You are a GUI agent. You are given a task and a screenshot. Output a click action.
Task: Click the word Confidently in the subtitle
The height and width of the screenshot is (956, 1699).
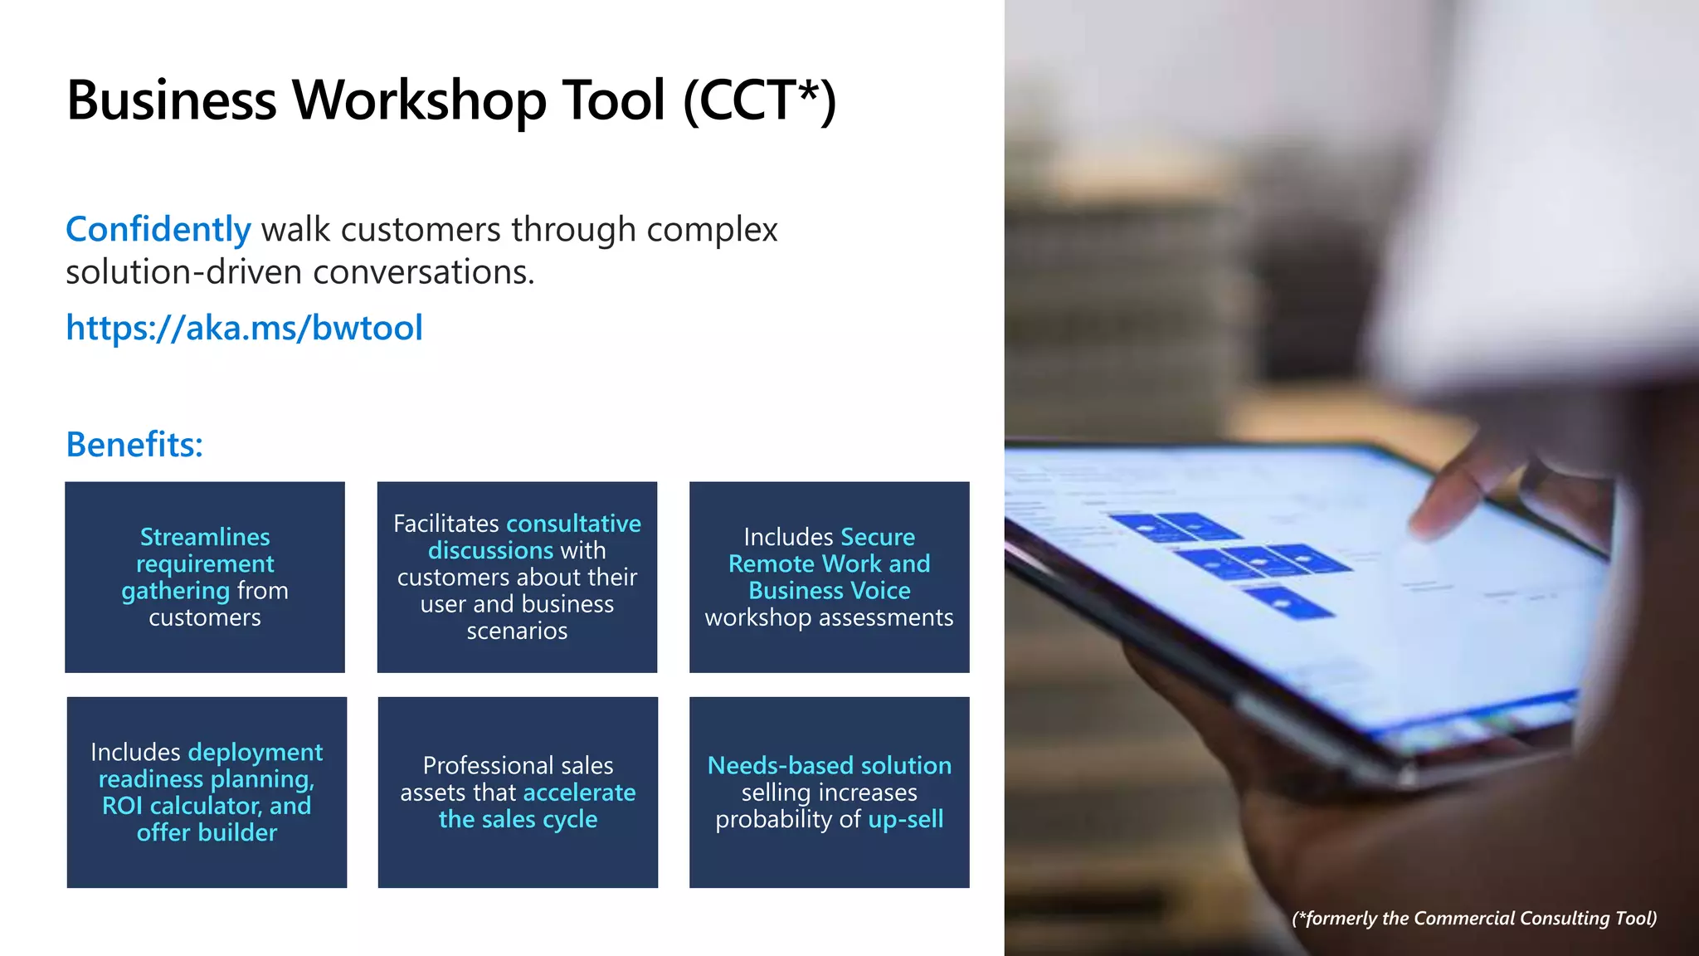coord(158,230)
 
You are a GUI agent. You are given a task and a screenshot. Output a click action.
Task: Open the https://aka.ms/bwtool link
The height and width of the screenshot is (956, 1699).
coord(244,328)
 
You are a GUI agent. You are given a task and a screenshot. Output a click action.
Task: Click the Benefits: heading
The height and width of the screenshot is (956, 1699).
coord(134,445)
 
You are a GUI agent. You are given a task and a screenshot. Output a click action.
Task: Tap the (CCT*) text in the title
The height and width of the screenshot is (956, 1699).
coord(759,100)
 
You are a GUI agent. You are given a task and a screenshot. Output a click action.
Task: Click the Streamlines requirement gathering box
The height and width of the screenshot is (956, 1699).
coord(205,577)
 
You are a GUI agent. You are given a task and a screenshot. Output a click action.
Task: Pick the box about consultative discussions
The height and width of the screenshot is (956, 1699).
coord(517,577)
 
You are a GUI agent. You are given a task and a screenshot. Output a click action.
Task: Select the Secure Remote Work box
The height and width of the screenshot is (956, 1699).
coord(829,577)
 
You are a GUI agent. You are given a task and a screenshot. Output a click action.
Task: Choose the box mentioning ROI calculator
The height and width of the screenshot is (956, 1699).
coord(207,792)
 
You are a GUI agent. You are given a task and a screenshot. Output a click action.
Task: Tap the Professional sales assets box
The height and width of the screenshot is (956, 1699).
coord(518,792)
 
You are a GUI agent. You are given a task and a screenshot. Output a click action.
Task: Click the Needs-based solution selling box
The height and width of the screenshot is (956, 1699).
coord(829,792)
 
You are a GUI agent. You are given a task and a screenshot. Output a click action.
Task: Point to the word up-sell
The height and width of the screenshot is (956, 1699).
coord(905,819)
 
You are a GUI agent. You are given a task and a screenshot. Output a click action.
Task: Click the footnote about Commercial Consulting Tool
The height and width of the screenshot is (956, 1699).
coord(1474,918)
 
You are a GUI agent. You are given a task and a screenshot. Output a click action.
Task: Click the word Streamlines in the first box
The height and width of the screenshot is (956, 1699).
coord(205,537)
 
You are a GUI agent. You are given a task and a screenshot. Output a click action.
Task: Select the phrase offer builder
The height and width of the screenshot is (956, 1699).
coord(207,832)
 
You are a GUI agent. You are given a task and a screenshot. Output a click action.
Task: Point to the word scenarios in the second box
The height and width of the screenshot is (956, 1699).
coord(517,631)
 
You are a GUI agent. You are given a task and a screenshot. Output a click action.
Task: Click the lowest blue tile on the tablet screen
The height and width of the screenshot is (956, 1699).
coord(1290,601)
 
